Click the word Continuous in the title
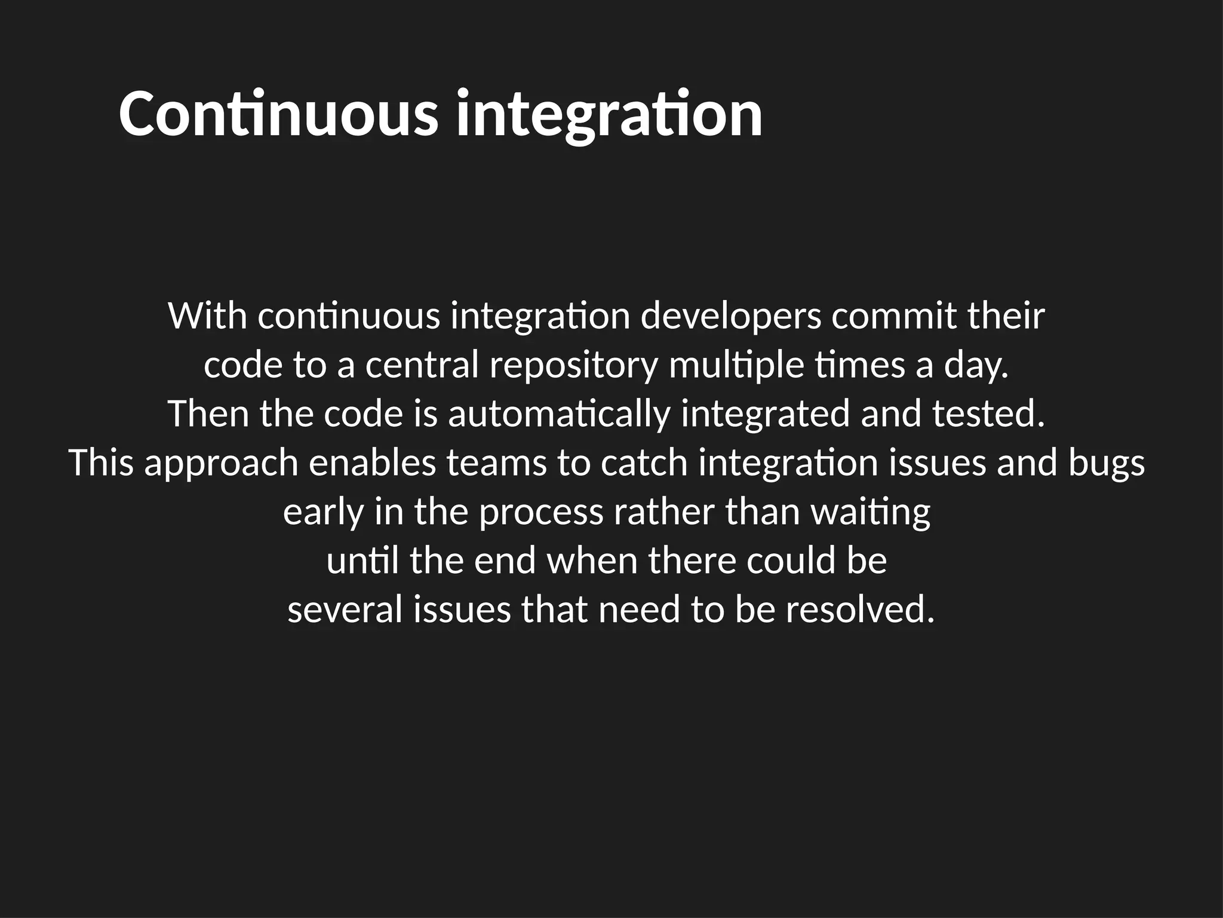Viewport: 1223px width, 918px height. [x=278, y=114]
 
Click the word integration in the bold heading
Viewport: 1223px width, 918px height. [x=609, y=114]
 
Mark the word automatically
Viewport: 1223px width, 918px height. [x=559, y=414]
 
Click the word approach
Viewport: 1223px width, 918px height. [x=221, y=463]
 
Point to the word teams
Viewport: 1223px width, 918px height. [x=496, y=463]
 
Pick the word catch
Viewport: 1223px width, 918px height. [x=644, y=463]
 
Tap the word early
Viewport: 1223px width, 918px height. [x=323, y=512]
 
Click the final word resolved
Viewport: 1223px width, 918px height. [x=859, y=610]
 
